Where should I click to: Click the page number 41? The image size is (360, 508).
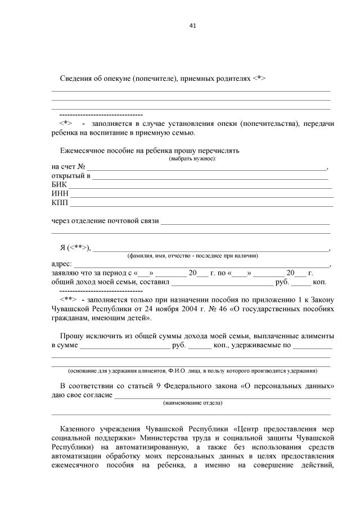193,25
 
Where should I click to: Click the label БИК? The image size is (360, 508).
58,184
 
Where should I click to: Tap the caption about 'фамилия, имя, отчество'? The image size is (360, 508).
192,256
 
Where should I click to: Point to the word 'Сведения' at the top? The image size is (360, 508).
76,79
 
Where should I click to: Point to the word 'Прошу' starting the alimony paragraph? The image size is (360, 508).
71,335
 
